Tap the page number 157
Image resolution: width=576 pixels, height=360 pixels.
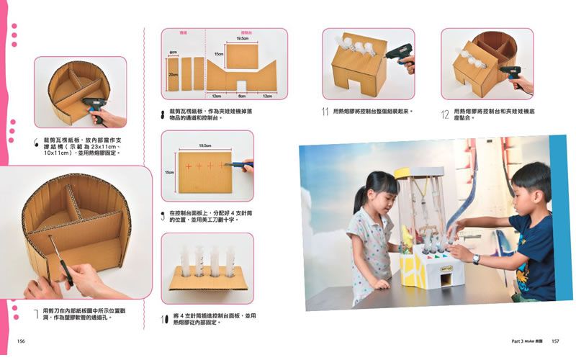555,341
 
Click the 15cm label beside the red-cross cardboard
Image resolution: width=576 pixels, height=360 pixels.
170,172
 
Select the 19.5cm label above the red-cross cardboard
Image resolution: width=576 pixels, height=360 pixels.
204,145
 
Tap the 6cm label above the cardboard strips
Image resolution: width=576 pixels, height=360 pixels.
174,53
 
